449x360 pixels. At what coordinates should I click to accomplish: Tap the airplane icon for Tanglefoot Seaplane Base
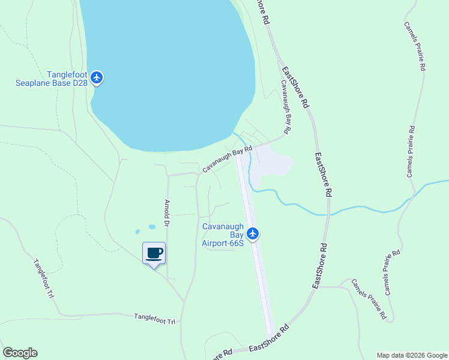pyautogui.click(x=97, y=77)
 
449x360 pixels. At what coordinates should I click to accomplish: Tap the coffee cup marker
pyautogui.click(x=154, y=253)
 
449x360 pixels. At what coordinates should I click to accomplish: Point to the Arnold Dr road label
pyautogui.click(x=167, y=214)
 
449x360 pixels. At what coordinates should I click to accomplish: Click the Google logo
pyautogui.click(x=20, y=353)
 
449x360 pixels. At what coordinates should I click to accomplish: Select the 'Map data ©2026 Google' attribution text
pyautogui.click(x=412, y=355)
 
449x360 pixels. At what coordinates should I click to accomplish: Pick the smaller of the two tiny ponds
pyautogui.click(x=138, y=231)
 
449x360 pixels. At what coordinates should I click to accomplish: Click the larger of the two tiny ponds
pyautogui.click(x=152, y=227)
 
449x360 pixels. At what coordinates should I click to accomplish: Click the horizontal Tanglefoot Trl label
pyautogui.click(x=154, y=319)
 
